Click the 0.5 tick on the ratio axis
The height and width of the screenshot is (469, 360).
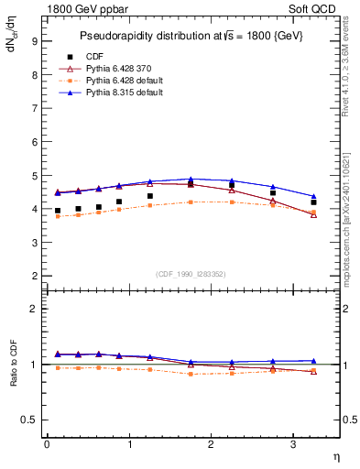click(28, 420)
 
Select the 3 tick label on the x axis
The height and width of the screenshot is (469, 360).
click(293, 444)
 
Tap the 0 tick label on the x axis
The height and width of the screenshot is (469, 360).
click(47, 444)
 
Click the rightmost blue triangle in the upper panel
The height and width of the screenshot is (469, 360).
click(313, 197)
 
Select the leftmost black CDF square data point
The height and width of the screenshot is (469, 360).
click(58, 211)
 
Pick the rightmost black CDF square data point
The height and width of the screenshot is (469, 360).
click(313, 202)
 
